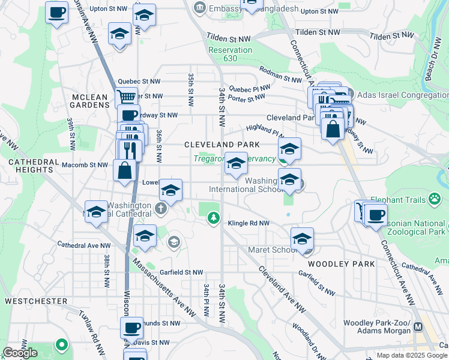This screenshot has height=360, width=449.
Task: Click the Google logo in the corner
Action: coord(20,353)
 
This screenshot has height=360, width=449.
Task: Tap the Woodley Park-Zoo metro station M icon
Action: coord(418,327)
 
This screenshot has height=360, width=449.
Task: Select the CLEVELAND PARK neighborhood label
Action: coord(221,145)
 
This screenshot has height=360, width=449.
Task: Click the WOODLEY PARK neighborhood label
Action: coord(341,263)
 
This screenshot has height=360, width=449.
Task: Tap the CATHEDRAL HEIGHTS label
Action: coord(31,166)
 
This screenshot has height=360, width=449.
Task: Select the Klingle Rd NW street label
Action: coord(249,223)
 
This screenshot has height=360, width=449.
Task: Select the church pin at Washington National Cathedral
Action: coord(160,208)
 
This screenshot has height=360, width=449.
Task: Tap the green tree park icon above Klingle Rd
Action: coord(212,218)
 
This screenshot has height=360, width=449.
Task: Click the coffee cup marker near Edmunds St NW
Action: coord(131,328)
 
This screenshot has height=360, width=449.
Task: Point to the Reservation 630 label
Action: coord(231,55)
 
